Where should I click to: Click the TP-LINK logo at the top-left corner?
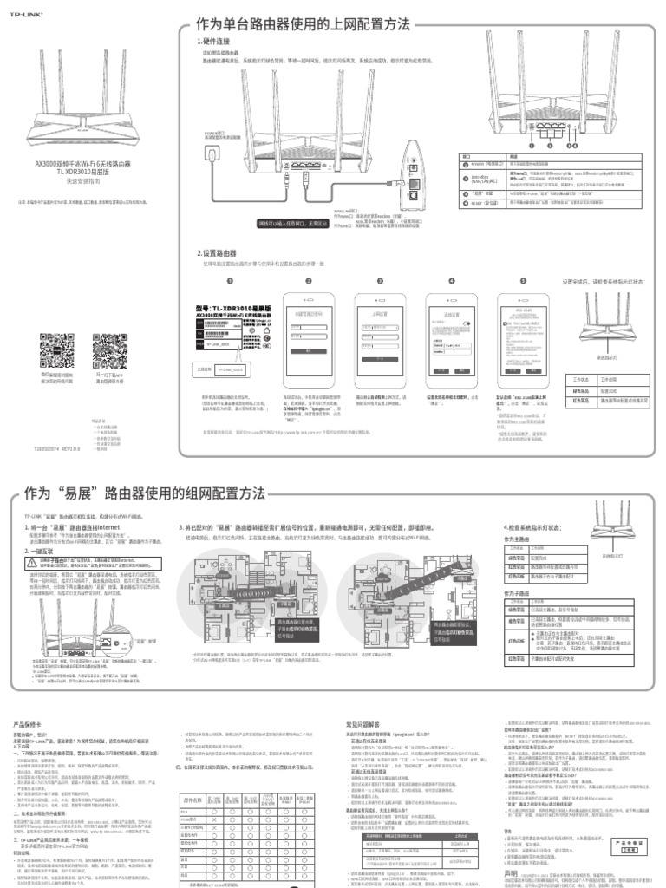point(20,13)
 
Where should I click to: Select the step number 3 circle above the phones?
point(379,281)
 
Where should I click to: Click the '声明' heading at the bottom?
point(513,871)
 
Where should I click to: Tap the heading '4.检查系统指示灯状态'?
point(538,526)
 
